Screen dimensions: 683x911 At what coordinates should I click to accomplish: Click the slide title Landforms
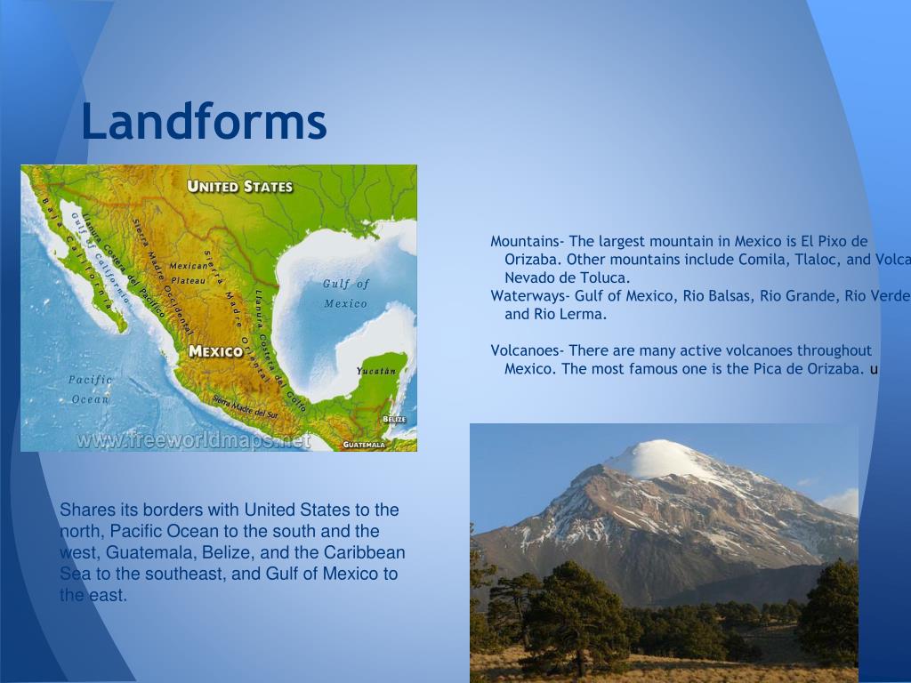coord(204,122)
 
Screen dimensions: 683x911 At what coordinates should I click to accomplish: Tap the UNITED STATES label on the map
coord(239,187)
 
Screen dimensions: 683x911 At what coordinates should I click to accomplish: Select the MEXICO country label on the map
coord(215,351)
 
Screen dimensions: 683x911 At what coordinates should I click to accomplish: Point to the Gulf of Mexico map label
coord(345,293)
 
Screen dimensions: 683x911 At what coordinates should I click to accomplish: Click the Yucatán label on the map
coord(375,370)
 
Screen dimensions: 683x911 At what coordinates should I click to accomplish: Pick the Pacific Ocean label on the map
coord(91,390)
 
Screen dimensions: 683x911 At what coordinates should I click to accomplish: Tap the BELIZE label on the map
coord(394,419)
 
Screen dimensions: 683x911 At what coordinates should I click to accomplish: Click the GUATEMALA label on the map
coord(365,444)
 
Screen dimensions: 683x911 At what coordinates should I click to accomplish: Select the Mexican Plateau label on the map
coord(188,272)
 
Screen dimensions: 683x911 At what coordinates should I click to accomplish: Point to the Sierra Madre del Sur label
coord(246,408)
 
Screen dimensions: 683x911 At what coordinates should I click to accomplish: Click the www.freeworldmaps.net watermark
coord(193,440)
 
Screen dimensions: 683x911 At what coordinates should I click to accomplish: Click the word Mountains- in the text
coord(528,242)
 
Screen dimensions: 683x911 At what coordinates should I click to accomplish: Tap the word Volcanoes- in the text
coord(528,350)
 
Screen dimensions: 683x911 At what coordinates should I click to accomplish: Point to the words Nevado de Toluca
coord(567,277)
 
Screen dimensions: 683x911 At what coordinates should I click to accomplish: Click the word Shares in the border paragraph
coord(83,510)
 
